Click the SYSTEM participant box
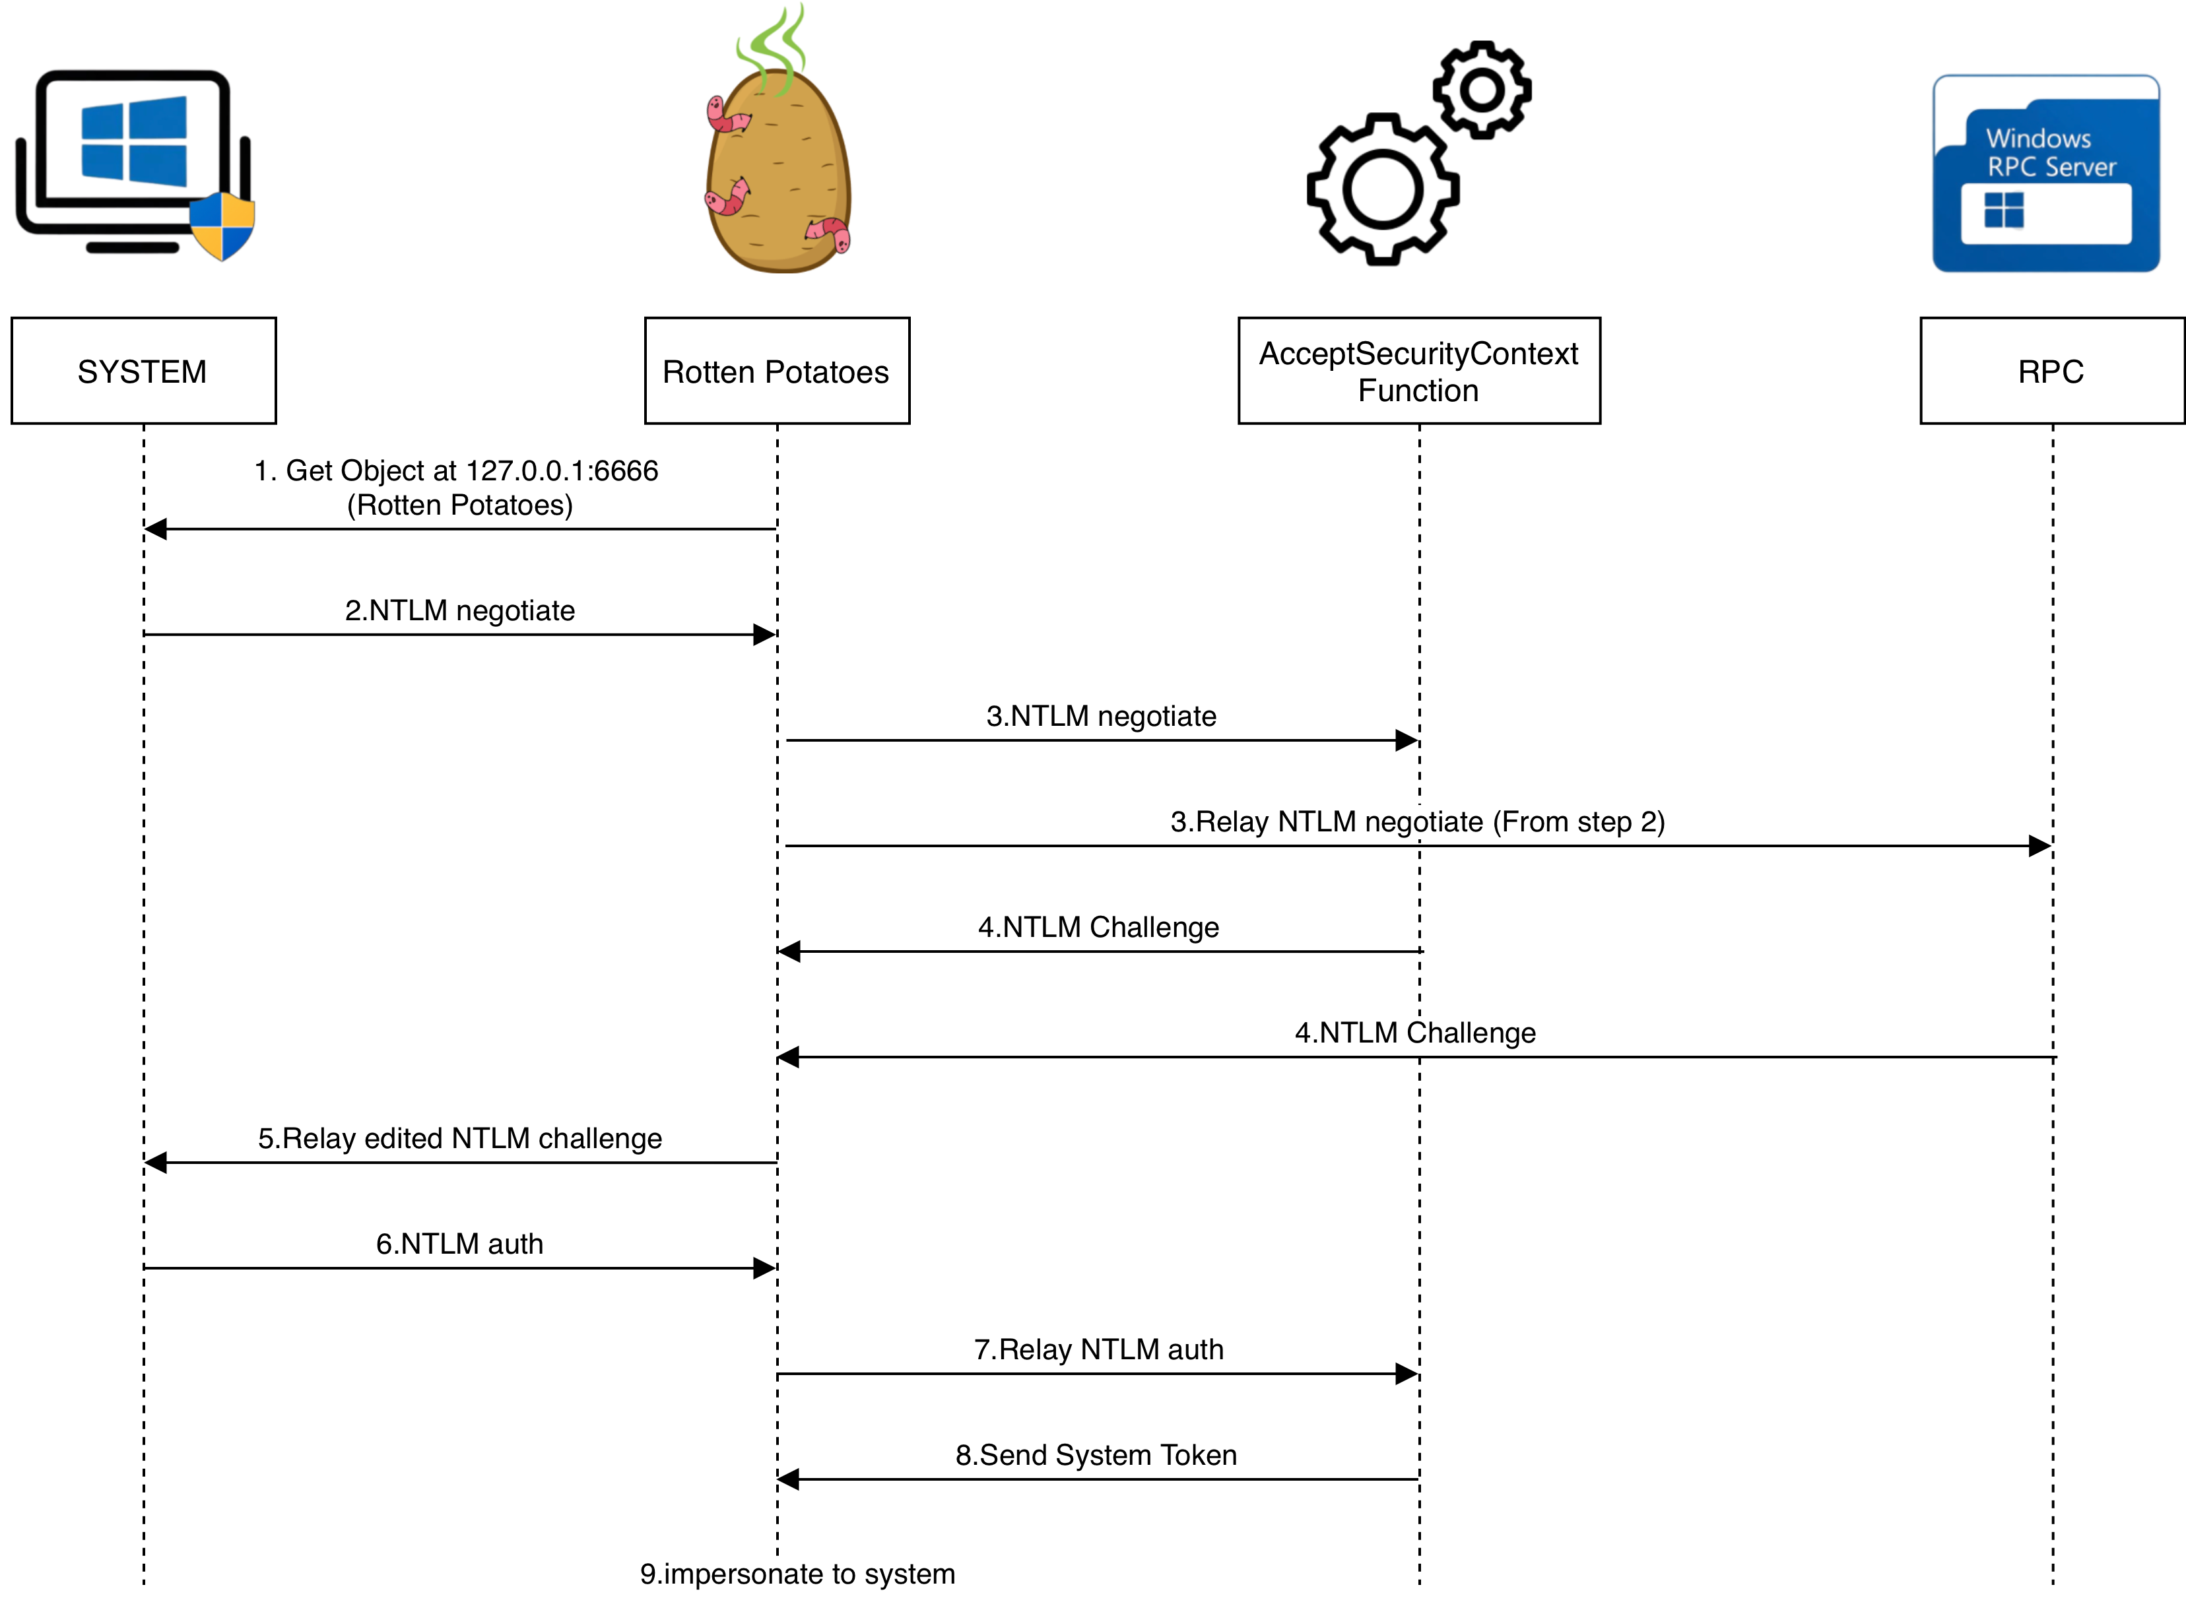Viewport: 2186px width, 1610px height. (143, 370)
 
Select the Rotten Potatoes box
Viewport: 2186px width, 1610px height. (777, 370)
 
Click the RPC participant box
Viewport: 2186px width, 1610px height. (2051, 370)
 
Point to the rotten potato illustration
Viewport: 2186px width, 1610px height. (778, 176)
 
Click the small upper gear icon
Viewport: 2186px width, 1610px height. (1481, 90)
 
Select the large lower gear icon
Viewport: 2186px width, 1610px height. (1382, 189)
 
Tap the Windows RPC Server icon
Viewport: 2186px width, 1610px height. (2045, 174)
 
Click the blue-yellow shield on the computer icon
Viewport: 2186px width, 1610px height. (222, 226)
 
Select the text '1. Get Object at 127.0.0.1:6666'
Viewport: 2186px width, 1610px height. (456, 470)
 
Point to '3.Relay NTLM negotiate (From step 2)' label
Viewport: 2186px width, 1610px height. (1417, 821)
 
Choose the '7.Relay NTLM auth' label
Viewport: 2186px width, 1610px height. (1098, 1349)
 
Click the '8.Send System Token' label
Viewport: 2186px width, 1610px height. (1096, 1455)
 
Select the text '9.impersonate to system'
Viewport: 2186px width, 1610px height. (797, 1574)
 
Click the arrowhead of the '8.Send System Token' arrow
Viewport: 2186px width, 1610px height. (787, 1479)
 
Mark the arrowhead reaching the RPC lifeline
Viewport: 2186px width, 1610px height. (2040, 846)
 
